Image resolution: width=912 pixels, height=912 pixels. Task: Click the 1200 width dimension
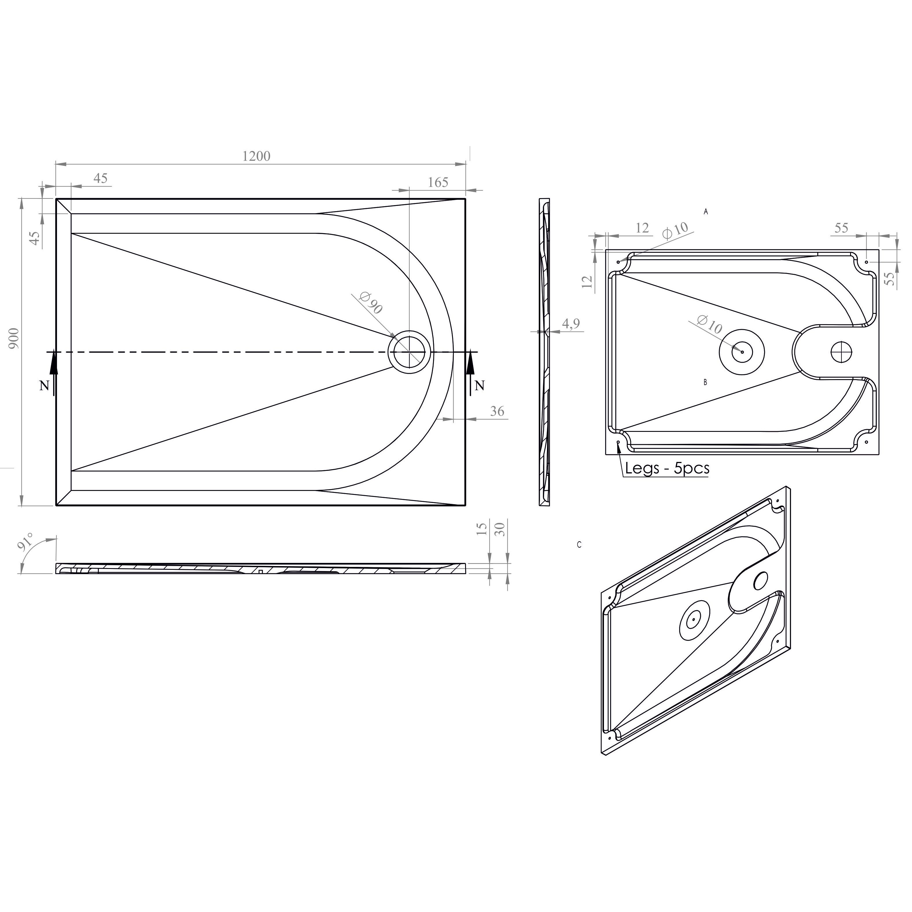256,156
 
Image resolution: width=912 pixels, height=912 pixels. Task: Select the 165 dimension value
438,183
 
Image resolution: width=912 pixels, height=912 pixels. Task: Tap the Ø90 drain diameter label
371,303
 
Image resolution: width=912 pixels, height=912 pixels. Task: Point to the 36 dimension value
497,412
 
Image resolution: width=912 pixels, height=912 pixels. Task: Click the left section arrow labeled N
54,373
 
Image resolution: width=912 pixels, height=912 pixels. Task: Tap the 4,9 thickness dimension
571,324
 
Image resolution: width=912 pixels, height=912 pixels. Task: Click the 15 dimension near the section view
482,529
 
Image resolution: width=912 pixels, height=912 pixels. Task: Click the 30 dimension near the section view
501,529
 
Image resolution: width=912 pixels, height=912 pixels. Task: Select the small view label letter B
705,382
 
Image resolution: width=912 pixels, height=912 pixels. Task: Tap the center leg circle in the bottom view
742,352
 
